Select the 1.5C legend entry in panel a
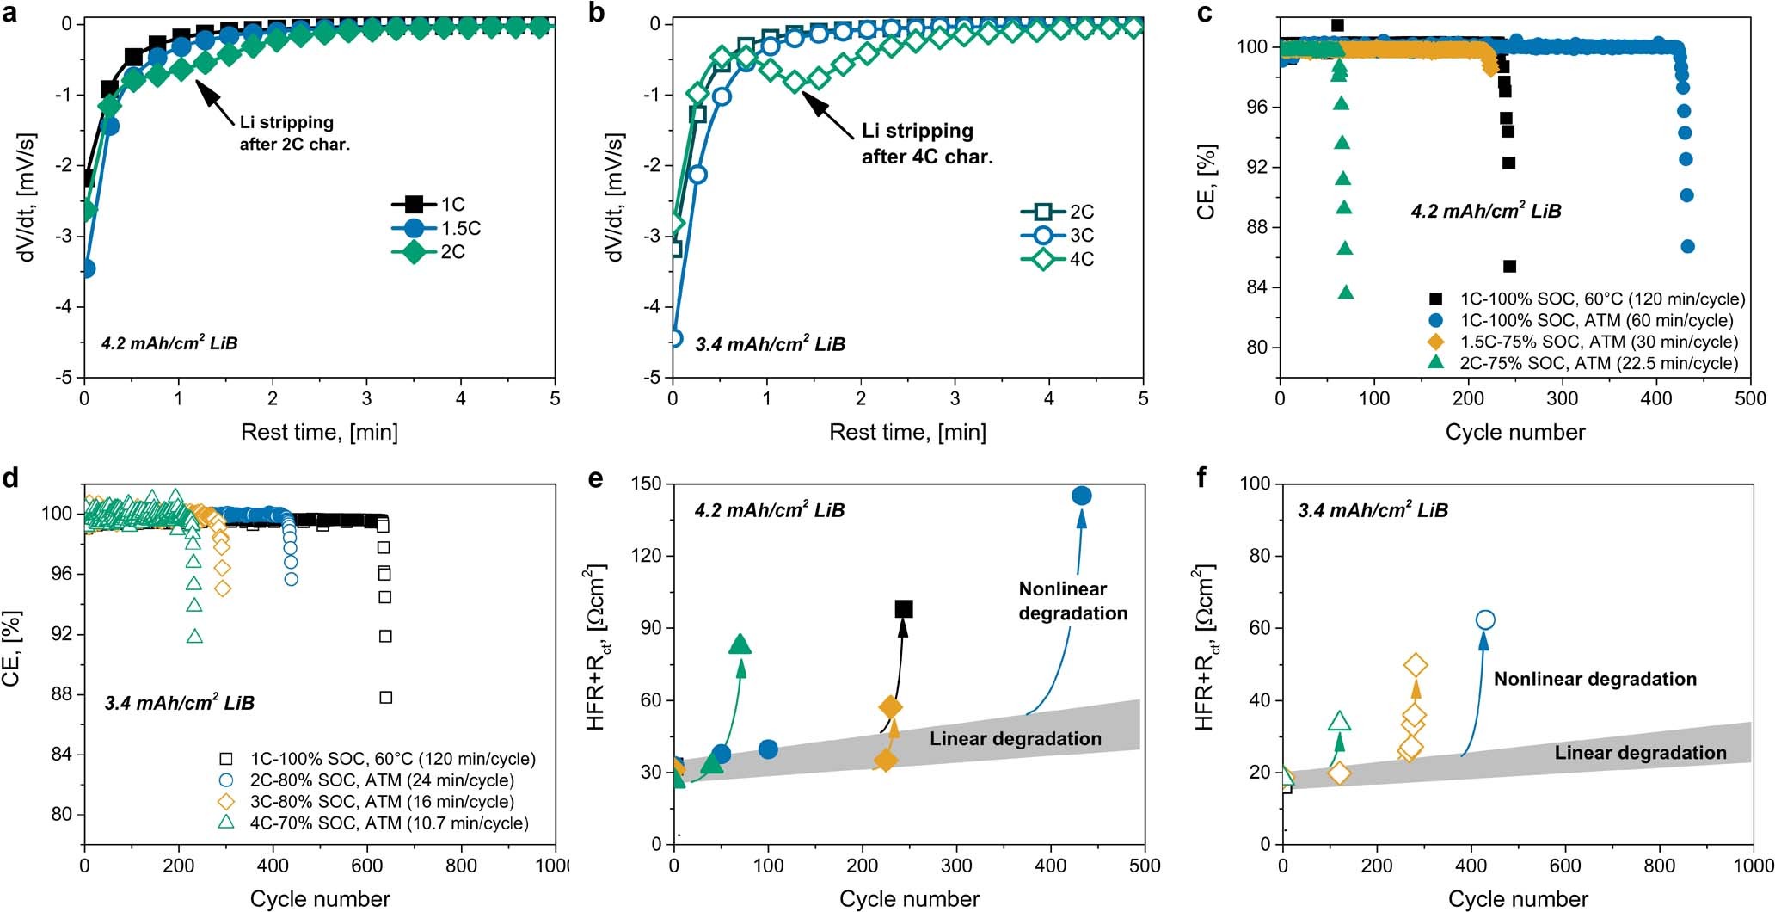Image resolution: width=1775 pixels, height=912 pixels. pos(438,228)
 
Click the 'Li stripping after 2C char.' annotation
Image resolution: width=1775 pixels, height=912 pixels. pos(294,133)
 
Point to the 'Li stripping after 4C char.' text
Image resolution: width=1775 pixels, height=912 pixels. pos(926,144)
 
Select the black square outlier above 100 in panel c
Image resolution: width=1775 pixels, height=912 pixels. pos(1337,26)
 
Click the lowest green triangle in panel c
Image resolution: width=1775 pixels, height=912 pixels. pos(1347,293)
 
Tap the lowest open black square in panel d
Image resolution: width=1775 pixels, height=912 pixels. pos(386,698)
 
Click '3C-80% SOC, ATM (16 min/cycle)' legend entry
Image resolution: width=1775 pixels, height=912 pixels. pos(381,802)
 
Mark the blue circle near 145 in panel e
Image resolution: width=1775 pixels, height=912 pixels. pos(1082,496)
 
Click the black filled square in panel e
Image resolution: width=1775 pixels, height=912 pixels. pos(904,609)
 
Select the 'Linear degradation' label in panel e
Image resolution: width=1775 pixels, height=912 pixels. pos(1015,739)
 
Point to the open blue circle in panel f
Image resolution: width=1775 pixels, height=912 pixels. pos(1485,620)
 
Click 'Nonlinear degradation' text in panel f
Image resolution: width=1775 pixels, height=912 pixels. pos(1594,679)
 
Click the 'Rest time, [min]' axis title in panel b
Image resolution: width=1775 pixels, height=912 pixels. pos(907,432)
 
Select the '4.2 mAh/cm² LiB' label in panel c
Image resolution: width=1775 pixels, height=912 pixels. pos(1486,211)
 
